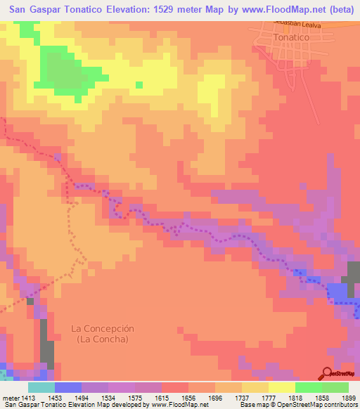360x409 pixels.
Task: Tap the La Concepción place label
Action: tap(103, 328)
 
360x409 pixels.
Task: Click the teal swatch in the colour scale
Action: tap(41, 387)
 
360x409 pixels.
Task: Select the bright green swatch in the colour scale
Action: tap(308, 387)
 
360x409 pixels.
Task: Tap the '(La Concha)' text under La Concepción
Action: tap(103, 339)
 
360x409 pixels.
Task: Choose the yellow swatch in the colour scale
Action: tap(281, 387)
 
